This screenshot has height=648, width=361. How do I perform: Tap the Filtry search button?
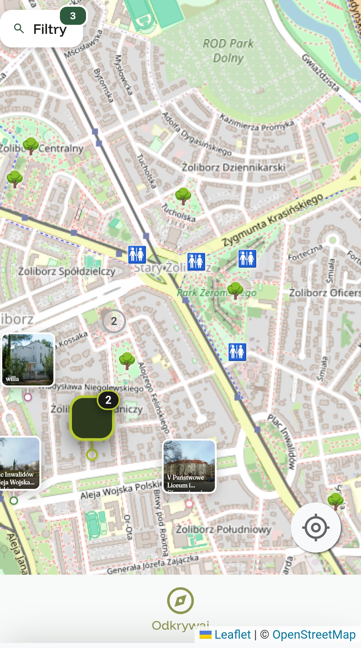coord(41,29)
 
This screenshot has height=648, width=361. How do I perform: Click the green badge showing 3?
coord(73,16)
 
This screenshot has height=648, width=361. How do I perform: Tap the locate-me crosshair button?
coord(316,527)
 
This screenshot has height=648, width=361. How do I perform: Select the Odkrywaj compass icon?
coord(180,601)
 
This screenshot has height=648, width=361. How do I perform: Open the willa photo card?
coord(28,359)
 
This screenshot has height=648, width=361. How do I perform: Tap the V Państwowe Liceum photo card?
coord(189,466)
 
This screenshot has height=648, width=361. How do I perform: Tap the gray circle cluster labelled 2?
coord(114,321)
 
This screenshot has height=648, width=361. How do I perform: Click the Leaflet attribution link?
coord(232,634)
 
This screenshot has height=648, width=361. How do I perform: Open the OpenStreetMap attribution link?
coord(314,634)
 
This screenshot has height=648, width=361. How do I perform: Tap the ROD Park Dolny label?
coord(228,50)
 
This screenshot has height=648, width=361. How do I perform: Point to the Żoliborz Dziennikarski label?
coord(233,168)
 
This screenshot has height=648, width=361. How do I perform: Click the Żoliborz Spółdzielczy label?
coord(67,271)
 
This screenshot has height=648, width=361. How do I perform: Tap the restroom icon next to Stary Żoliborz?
coord(137,254)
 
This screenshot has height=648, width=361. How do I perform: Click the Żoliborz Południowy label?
coord(223,530)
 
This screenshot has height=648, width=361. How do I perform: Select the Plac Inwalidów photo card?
coord(20,463)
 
